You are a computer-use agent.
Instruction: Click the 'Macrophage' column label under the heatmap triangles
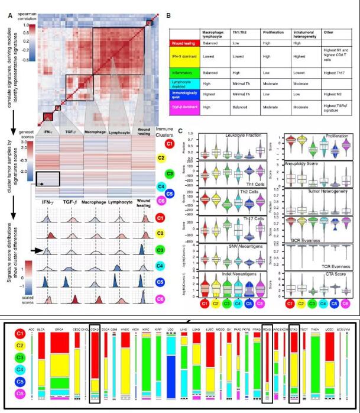pyautogui.click(x=94, y=134)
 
